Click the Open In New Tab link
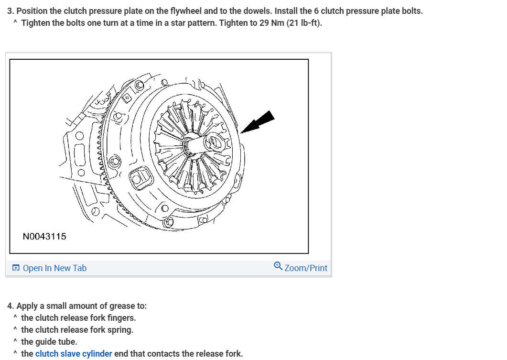54,268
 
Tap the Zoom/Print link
306,268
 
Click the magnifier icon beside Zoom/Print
278,266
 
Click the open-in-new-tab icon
16,268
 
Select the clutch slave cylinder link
74,354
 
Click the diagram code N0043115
44,236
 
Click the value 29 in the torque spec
264,23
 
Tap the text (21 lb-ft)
304,23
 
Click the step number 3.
10,11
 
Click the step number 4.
10,306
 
